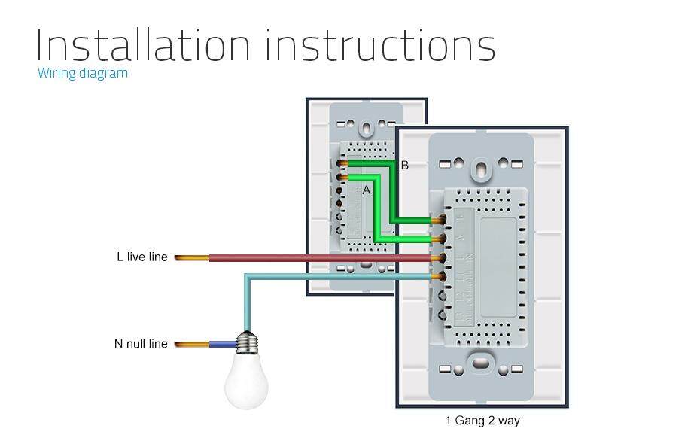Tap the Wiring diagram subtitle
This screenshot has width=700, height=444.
pyautogui.click(x=83, y=73)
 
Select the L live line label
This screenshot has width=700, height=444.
pyautogui.click(x=142, y=257)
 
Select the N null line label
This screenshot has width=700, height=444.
pyautogui.click(x=141, y=344)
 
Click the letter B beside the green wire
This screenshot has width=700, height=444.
pyautogui.click(x=404, y=166)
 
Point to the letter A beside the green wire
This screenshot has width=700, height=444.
pyautogui.click(x=367, y=190)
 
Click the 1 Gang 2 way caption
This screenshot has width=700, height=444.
pyautogui.click(x=482, y=421)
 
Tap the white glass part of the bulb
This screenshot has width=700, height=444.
pyautogui.click(x=246, y=381)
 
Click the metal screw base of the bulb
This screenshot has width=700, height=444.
pyautogui.click(x=246, y=343)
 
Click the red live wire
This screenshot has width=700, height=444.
pyautogui.click(x=316, y=258)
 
